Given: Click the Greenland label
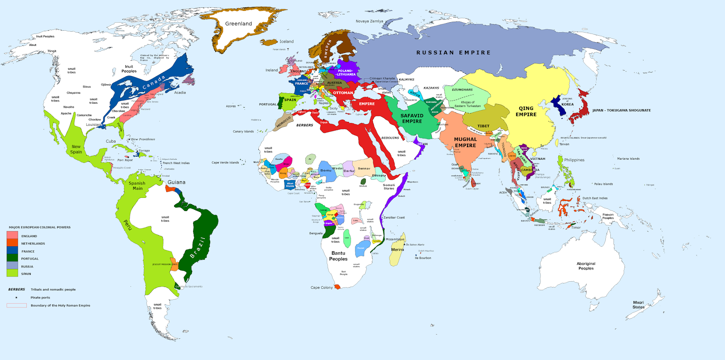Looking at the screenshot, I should coord(238,24).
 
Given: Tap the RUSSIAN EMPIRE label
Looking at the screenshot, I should coord(453,53).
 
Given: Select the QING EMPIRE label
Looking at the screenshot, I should coord(526,111).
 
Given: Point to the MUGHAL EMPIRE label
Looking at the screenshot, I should coord(465,142).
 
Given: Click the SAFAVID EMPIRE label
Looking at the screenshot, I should coord(412,118).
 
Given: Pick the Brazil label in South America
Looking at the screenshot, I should coord(198,248).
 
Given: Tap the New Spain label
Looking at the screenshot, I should coord(76,149).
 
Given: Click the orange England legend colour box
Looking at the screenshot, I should coord(12,235).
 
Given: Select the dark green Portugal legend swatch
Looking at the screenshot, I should coord(12,258).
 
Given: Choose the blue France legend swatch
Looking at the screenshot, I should coord(12,250).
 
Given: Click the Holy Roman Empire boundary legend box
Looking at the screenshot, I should coord(16,305).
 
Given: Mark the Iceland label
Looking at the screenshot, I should coord(286,42).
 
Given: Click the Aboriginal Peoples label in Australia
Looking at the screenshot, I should coord(586,266).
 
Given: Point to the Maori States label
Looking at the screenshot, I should coord(638,305).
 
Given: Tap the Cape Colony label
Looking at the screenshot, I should coord(321,288).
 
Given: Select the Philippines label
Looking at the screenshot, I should coord(574,160).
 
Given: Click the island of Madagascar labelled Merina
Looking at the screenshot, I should coord(397,250).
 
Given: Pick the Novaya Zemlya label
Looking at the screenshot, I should coord(369,21).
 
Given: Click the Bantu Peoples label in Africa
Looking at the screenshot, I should coord(338,256).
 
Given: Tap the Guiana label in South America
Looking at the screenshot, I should coord(176,182).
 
